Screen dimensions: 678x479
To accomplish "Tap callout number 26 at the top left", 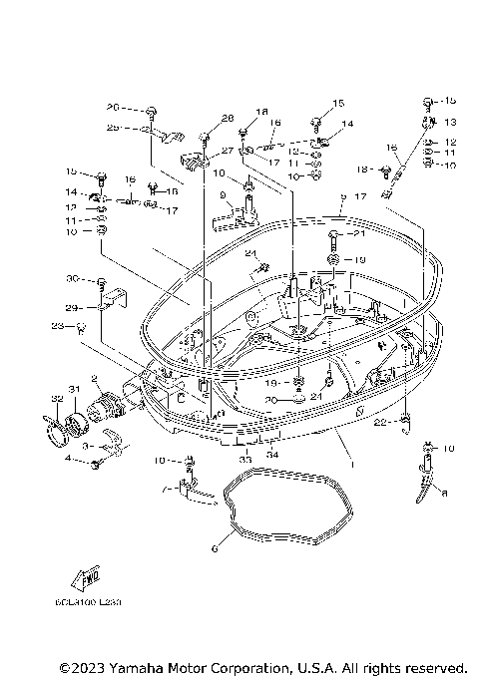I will [113, 107].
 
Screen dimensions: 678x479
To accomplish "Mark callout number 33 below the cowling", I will [245, 448].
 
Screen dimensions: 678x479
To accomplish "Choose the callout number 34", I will [274, 455].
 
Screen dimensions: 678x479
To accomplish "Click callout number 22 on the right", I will [381, 424].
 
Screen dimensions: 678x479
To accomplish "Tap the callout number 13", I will [449, 122].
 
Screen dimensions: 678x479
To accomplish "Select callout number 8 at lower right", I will [445, 493].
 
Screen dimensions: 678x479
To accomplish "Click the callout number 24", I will [251, 253].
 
